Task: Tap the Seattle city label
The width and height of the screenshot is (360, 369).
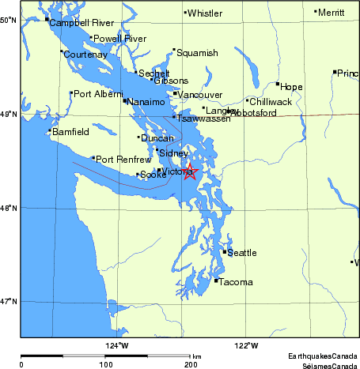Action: point(242,253)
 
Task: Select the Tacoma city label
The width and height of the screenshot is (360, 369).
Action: point(236,282)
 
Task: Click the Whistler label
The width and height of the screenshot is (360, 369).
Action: point(205,13)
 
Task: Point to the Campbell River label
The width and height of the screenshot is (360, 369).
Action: point(81,23)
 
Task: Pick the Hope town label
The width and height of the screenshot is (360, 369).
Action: point(292,87)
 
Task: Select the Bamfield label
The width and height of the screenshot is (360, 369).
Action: point(71,132)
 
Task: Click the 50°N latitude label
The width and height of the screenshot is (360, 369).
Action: point(9,19)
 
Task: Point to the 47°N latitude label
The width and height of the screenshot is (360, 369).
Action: point(9,301)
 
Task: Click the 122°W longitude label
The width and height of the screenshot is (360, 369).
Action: point(245,345)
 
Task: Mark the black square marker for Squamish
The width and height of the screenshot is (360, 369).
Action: point(174,50)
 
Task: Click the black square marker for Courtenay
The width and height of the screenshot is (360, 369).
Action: point(62,51)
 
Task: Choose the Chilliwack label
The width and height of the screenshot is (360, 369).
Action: point(271,102)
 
